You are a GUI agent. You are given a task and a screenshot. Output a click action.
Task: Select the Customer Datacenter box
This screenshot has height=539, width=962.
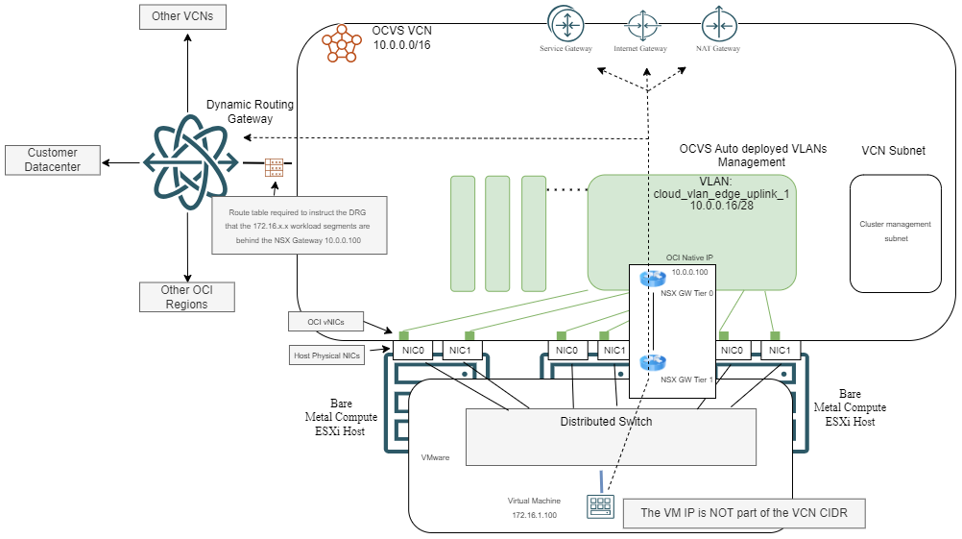[53, 159]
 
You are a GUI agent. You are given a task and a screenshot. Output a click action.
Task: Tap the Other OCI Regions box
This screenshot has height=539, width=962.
[186, 297]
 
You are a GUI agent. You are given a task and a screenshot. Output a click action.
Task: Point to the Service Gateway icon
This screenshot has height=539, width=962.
[565, 23]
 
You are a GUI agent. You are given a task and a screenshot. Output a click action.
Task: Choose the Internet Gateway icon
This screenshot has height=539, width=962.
[640, 23]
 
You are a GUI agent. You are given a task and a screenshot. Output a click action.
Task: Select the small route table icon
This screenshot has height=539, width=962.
[275, 167]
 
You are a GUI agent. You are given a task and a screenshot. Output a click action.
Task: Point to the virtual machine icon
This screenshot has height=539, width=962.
[599, 506]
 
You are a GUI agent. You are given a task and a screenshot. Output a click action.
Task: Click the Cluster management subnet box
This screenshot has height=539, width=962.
[895, 232]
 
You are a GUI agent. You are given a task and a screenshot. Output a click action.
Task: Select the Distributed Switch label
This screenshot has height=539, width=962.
[607, 422]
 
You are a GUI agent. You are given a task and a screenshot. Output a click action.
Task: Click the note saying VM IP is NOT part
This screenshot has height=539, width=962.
[743, 514]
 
